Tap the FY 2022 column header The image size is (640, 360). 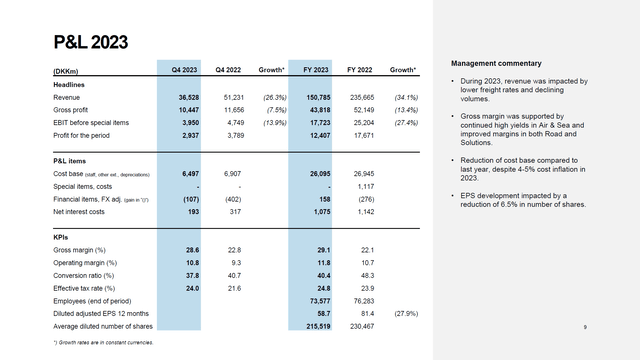360,70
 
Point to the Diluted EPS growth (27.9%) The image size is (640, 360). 404,313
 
